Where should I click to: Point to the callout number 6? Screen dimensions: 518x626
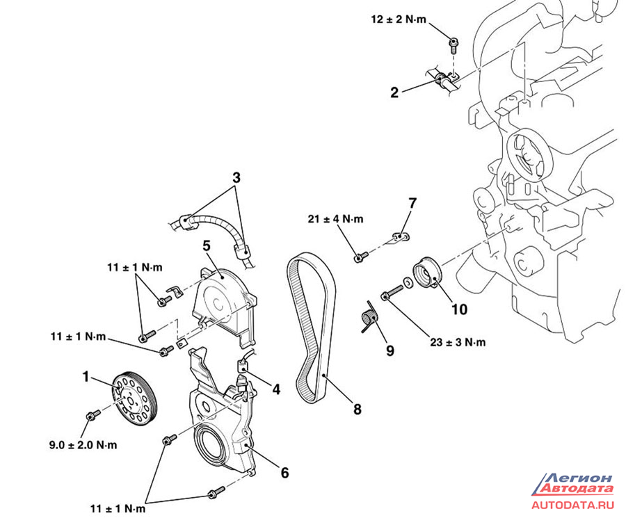coord(284,473)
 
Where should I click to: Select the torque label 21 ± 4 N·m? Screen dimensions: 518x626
coord(335,220)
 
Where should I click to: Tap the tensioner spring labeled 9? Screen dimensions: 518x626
coord(370,318)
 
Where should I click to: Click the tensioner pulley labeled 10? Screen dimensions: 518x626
coord(425,273)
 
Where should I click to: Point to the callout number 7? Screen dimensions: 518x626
coord(412,203)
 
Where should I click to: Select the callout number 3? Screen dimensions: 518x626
coord(236,178)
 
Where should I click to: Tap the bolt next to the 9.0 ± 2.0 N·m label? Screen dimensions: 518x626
coord(90,416)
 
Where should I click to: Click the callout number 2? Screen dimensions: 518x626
coord(394,92)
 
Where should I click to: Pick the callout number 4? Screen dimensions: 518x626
coord(276,389)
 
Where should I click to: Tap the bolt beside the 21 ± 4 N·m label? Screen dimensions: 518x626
coord(359,258)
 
